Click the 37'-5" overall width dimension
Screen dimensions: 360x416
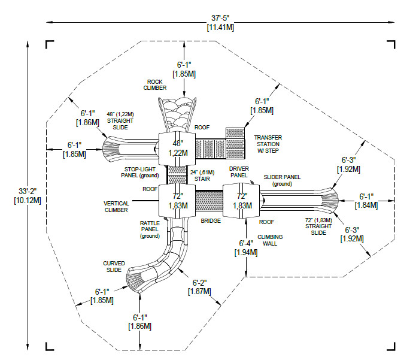[x=220, y=23]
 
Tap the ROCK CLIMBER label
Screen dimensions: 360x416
[x=154, y=84]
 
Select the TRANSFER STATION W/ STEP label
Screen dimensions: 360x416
[x=268, y=144]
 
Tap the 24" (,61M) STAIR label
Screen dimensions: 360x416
[x=201, y=175]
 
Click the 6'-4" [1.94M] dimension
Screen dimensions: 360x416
[x=247, y=247]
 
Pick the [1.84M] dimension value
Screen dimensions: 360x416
[x=367, y=205]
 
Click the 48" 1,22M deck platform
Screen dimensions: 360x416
[x=177, y=148]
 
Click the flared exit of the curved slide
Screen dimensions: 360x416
[x=135, y=279]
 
